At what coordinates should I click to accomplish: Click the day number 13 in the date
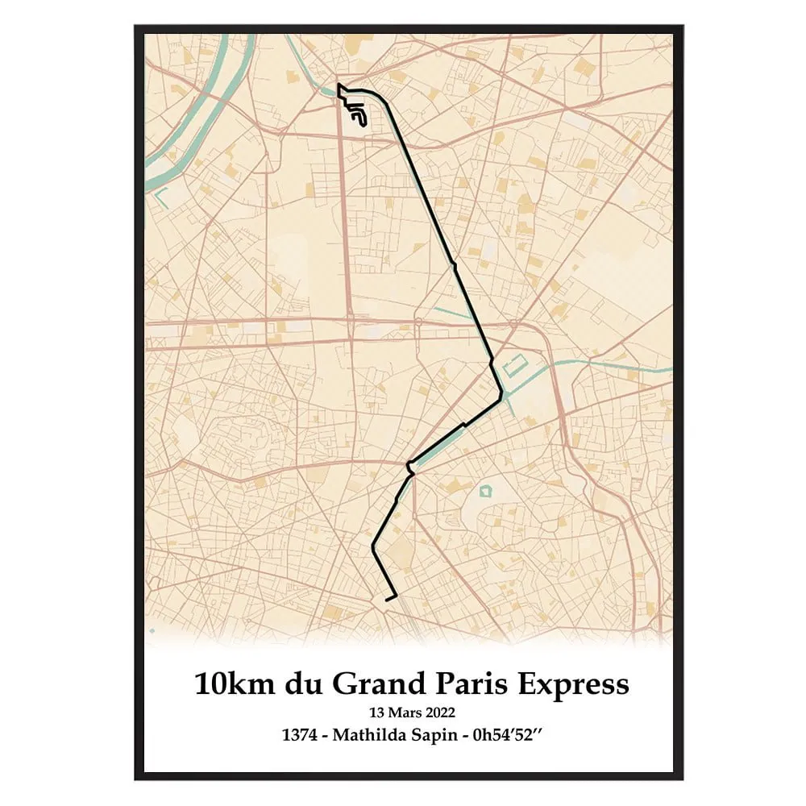(x=376, y=713)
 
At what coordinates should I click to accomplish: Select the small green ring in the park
(x=485, y=491)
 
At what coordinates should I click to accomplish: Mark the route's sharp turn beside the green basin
(x=501, y=394)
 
